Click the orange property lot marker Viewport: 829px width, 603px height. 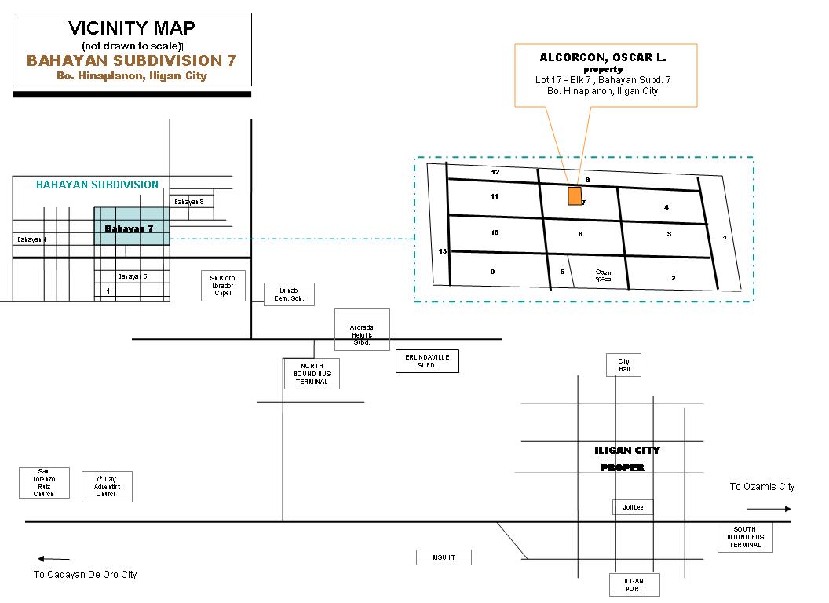click(575, 196)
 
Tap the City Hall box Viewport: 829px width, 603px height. click(624, 365)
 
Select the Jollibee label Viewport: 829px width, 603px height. click(633, 508)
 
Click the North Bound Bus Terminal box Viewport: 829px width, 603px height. click(312, 374)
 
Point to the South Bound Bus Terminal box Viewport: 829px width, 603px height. click(745, 537)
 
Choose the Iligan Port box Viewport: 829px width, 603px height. click(634, 585)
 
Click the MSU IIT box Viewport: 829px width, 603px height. click(444, 557)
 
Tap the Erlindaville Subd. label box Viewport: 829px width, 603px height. click(427, 361)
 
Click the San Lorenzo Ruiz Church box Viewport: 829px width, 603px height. click(44, 483)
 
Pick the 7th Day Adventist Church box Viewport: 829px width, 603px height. click(107, 487)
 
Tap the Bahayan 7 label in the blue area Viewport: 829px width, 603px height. click(128, 228)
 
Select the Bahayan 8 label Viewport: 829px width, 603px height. click(189, 202)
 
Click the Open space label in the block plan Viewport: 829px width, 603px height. click(603, 276)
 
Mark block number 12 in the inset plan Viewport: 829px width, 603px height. click(495, 171)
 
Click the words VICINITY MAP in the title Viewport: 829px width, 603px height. click(132, 29)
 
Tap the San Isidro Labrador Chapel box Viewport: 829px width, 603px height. click(222, 285)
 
